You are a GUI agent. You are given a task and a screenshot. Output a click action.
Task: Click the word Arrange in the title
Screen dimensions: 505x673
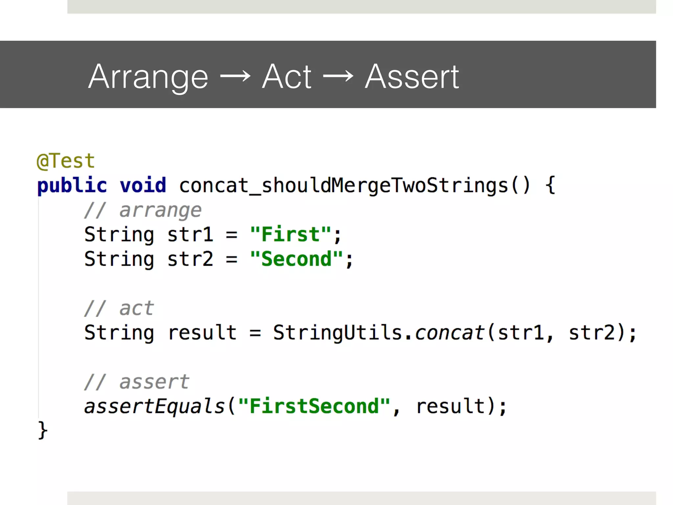[x=148, y=77]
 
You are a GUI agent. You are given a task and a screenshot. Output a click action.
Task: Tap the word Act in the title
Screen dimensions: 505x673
[x=287, y=76]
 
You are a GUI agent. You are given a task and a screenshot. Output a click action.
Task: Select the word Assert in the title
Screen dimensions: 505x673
[x=412, y=76]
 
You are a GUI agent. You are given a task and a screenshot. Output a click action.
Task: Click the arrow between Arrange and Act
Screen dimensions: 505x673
[x=235, y=77]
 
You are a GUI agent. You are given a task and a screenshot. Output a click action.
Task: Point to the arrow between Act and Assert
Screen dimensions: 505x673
[x=338, y=77]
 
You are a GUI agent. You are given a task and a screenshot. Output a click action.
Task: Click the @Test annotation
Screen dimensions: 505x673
[x=66, y=161]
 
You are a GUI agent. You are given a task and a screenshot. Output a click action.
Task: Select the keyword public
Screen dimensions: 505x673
[x=72, y=185]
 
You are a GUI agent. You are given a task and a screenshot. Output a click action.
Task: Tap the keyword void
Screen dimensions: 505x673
[x=143, y=185]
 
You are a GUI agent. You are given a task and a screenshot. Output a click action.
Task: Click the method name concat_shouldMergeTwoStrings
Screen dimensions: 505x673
[x=343, y=185]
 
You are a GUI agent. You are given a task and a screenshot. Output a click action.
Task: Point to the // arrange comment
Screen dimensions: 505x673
[x=143, y=210]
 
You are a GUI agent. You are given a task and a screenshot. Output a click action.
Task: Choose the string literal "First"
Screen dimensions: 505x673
[x=290, y=235]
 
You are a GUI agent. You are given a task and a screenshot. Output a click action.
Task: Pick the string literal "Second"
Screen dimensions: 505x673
[x=296, y=259]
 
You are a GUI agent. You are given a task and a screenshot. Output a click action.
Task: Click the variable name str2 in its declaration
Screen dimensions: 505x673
[x=190, y=259]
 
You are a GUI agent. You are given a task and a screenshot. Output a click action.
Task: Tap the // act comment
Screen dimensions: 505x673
[x=119, y=308]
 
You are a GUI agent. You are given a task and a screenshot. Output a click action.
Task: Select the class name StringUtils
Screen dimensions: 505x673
[x=337, y=333]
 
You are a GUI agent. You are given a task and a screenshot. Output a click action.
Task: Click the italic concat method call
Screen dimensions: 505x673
[x=450, y=333]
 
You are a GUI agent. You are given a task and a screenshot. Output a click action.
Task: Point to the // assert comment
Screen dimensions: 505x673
[x=136, y=382]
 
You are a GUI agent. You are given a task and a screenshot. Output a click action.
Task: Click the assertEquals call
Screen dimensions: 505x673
[x=154, y=406]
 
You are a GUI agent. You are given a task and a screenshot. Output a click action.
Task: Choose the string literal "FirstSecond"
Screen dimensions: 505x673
[x=314, y=406]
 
